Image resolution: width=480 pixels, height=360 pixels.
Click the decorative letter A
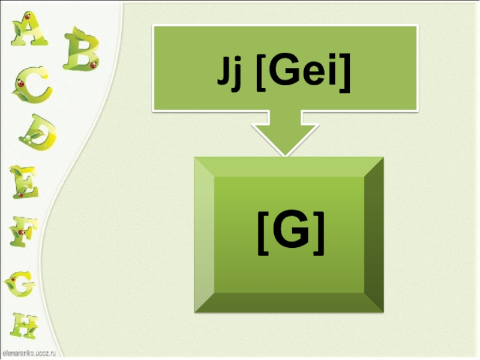[x=28, y=30]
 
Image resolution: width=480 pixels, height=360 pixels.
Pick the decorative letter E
[x=24, y=181]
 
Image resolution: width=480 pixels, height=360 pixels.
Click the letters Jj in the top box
[x=231, y=77]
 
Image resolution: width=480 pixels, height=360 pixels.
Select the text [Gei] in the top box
[x=302, y=77]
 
